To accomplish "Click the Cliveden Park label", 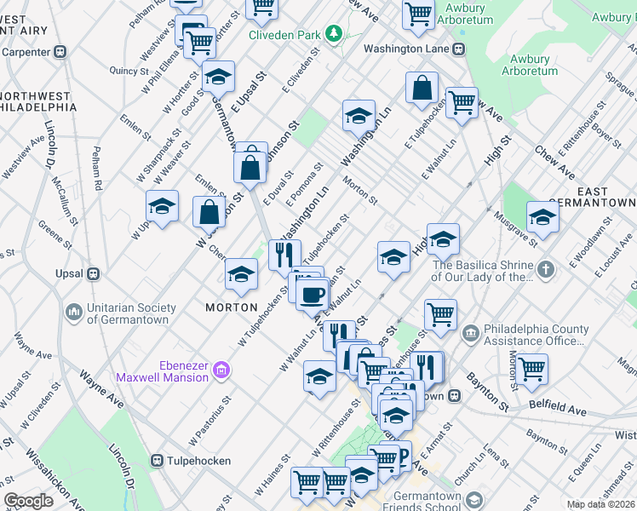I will pos(284,35).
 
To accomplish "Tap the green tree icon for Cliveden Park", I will pos(336,34).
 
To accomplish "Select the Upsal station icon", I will pos(94,274).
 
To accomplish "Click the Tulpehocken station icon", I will pos(158,461).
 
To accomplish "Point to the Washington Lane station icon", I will pos(459,49).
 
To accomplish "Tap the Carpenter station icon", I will pos(60,51).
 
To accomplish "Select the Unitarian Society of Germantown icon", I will pos(75,313).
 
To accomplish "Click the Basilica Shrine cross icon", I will pos(545,270).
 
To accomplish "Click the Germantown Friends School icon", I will pos(473,499).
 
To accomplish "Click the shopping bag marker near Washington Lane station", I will pos(422,89).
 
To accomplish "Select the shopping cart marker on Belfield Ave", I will pos(531,370).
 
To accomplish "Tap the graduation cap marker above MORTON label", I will pos(241,274).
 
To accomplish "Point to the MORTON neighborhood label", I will pos(231,307).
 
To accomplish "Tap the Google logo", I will pos(29,501).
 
